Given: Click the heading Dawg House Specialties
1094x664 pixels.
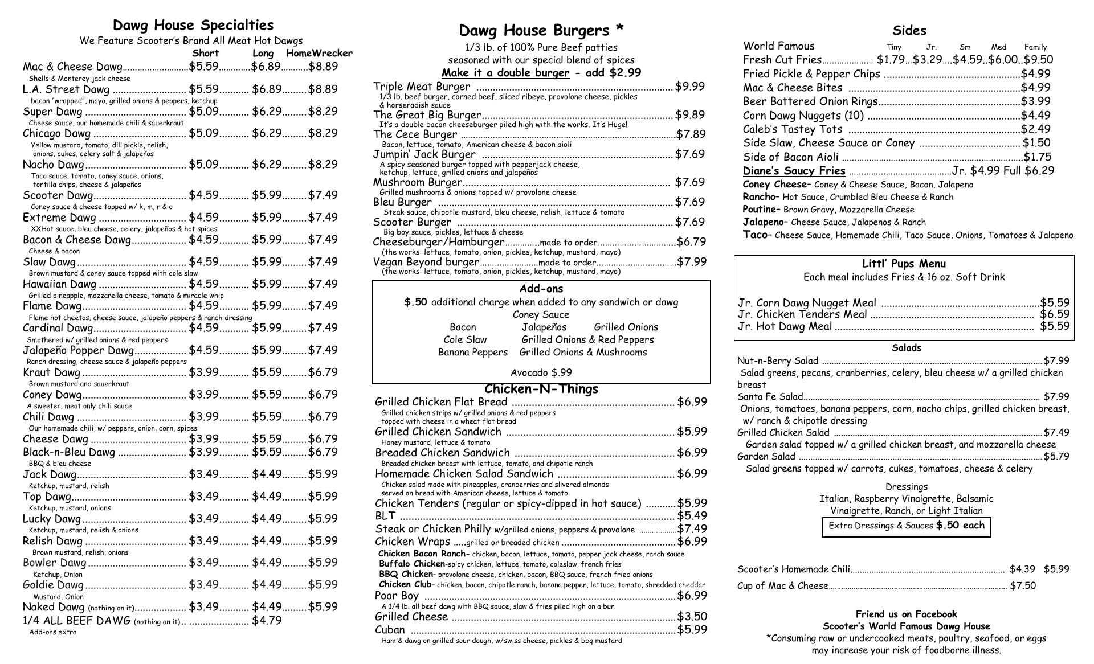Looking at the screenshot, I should tap(193, 25).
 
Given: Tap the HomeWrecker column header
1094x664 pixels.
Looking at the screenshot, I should tap(319, 54).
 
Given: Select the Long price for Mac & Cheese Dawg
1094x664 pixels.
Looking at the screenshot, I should tap(266, 67).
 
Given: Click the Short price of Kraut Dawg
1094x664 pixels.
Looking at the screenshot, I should tap(203, 372).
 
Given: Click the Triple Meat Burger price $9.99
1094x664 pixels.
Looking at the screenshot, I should tap(689, 87).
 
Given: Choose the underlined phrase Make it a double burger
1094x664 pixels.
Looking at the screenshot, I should tap(505, 73).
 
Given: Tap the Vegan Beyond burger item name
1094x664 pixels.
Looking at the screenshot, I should tap(426, 262).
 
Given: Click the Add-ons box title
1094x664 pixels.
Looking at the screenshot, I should tap(541, 289).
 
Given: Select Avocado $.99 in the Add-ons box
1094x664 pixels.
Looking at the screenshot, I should tap(541, 373).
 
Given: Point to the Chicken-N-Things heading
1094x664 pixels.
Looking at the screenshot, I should tap(541, 389).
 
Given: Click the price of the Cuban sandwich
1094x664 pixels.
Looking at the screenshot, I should tap(692, 630).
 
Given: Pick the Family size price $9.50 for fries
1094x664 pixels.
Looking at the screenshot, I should tap(1038, 60).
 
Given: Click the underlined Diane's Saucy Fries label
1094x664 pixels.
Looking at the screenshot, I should tap(794, 171).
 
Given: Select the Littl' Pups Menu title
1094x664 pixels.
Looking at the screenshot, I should tap(904, 264).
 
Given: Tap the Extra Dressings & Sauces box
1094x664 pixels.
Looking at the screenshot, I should tap(906, 526).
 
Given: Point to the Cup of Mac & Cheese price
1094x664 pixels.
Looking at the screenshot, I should tap(1023, 586).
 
